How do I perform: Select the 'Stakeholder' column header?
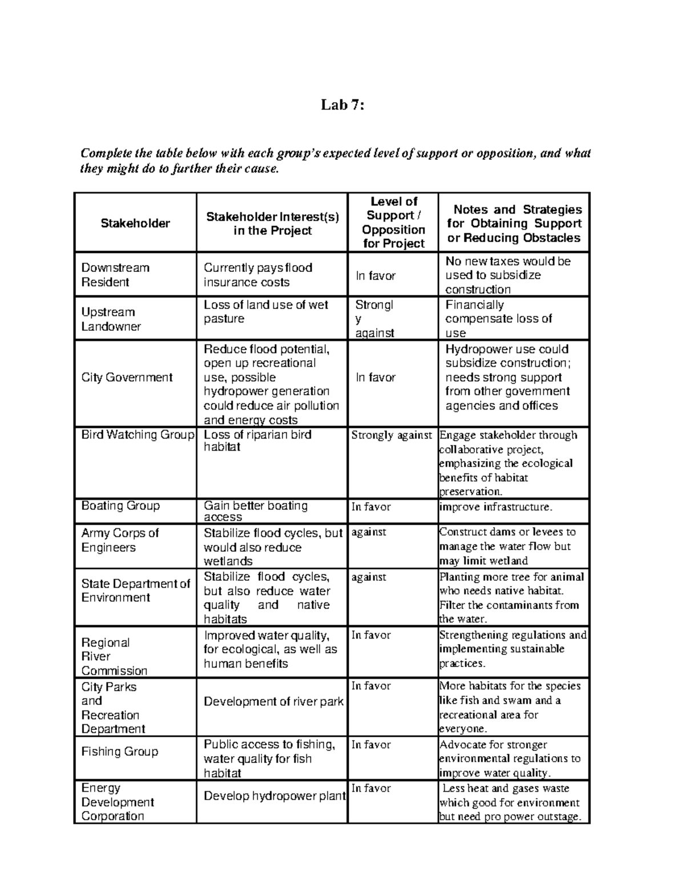(135, 223)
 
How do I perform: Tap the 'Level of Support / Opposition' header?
(394, 223)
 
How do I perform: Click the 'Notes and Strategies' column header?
(514, 223)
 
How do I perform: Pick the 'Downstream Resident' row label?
(115, 275)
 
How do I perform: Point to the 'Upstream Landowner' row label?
(111, 319)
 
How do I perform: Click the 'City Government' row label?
(127, 378)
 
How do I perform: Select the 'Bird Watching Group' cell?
(138, 435)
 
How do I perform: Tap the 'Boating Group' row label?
(120, 506)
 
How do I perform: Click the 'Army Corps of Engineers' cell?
(120, 540)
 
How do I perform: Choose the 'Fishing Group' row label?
(119, 752)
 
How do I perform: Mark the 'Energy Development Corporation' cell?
(118, 802)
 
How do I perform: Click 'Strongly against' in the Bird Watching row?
(392, 435)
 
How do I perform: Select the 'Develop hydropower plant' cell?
(274, 796)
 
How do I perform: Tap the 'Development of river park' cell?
(273, 701)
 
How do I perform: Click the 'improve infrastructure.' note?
(495, 507)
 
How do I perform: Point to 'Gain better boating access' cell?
(256, 511)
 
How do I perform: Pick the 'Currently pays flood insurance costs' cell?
(258, 275)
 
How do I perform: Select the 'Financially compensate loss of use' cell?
(498, 319)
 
